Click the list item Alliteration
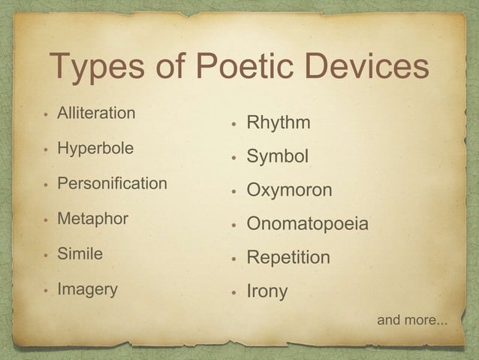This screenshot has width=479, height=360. click(97, 113)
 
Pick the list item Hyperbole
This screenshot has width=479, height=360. click(96, 148)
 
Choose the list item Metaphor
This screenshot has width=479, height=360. click(93, 219)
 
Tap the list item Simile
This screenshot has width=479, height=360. click(80, 254)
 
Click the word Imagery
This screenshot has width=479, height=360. click(88, 289)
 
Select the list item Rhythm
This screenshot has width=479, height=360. click(279, 123)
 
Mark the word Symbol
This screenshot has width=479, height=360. click(278, 157)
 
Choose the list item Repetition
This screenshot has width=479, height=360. click(288, 258)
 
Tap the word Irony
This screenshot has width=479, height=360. click(267, 292)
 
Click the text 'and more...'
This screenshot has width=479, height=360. click(412, 321)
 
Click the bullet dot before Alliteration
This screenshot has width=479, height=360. click(47, 115)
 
